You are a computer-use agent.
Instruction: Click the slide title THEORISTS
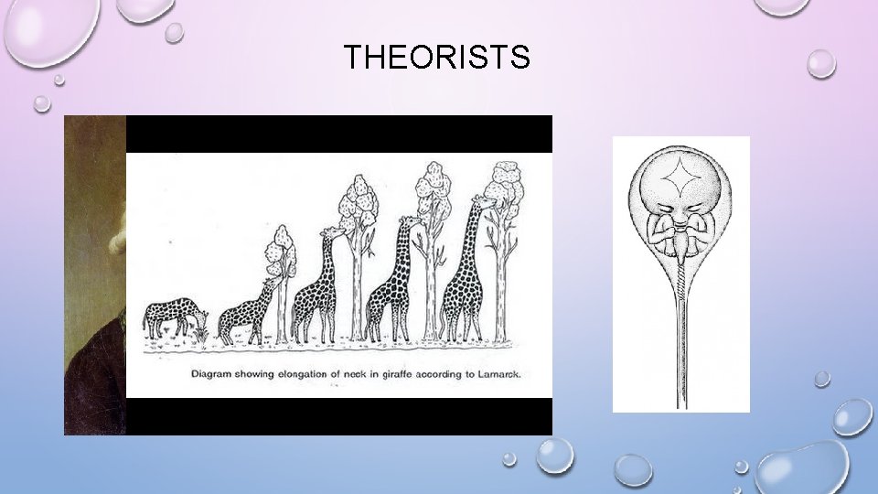436,58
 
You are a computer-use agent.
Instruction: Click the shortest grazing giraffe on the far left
172,317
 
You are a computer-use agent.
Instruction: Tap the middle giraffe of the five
316,288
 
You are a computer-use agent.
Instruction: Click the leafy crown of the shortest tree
281,245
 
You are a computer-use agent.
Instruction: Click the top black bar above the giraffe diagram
338,134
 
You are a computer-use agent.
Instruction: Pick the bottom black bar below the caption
338,416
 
